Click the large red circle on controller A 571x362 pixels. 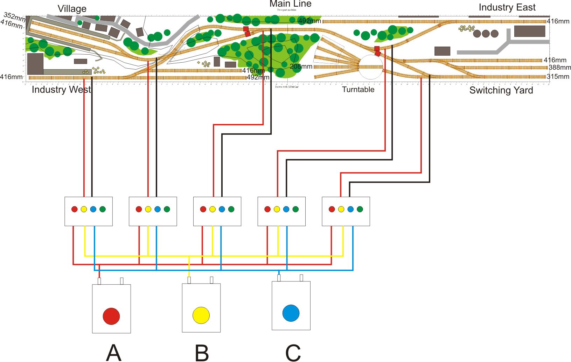coord(111,316)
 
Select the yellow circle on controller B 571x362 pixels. coord(201,315)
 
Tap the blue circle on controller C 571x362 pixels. coord(291,313)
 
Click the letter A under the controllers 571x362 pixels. coord(114,352)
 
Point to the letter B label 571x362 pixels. coord(202,353)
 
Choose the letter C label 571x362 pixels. coord(293,353)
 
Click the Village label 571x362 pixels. coord(72,9)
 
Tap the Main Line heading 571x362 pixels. coord(290,4)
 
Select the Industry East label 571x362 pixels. coord(507,7)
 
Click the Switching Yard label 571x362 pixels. coord(501,90)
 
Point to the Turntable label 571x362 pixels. coord(358,90)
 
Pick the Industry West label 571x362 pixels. coord(61,90)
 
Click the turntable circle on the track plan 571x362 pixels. coord(371,67)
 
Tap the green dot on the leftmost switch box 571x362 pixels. coord(103,209)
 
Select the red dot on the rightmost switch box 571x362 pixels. coord(332,209)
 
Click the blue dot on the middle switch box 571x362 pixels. coord(222,209)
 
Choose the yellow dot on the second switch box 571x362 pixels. coord(148,209)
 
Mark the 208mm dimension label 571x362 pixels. coord(301,66)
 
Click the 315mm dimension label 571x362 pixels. coord(558,76)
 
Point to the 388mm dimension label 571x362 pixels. coord(560,68)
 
